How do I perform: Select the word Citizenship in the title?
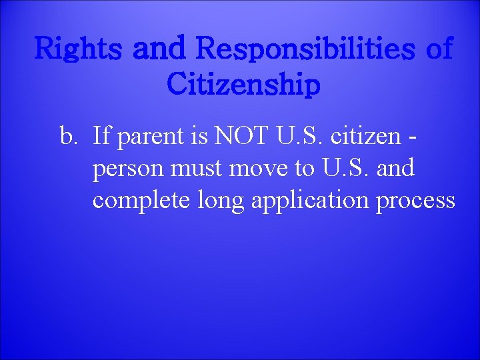tap(244, 85)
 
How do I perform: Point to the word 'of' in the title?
tap(436, 49)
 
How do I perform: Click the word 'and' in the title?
tap(160, 49)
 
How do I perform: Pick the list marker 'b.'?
tap(69, 137)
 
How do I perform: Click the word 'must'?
tap(193, 170)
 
